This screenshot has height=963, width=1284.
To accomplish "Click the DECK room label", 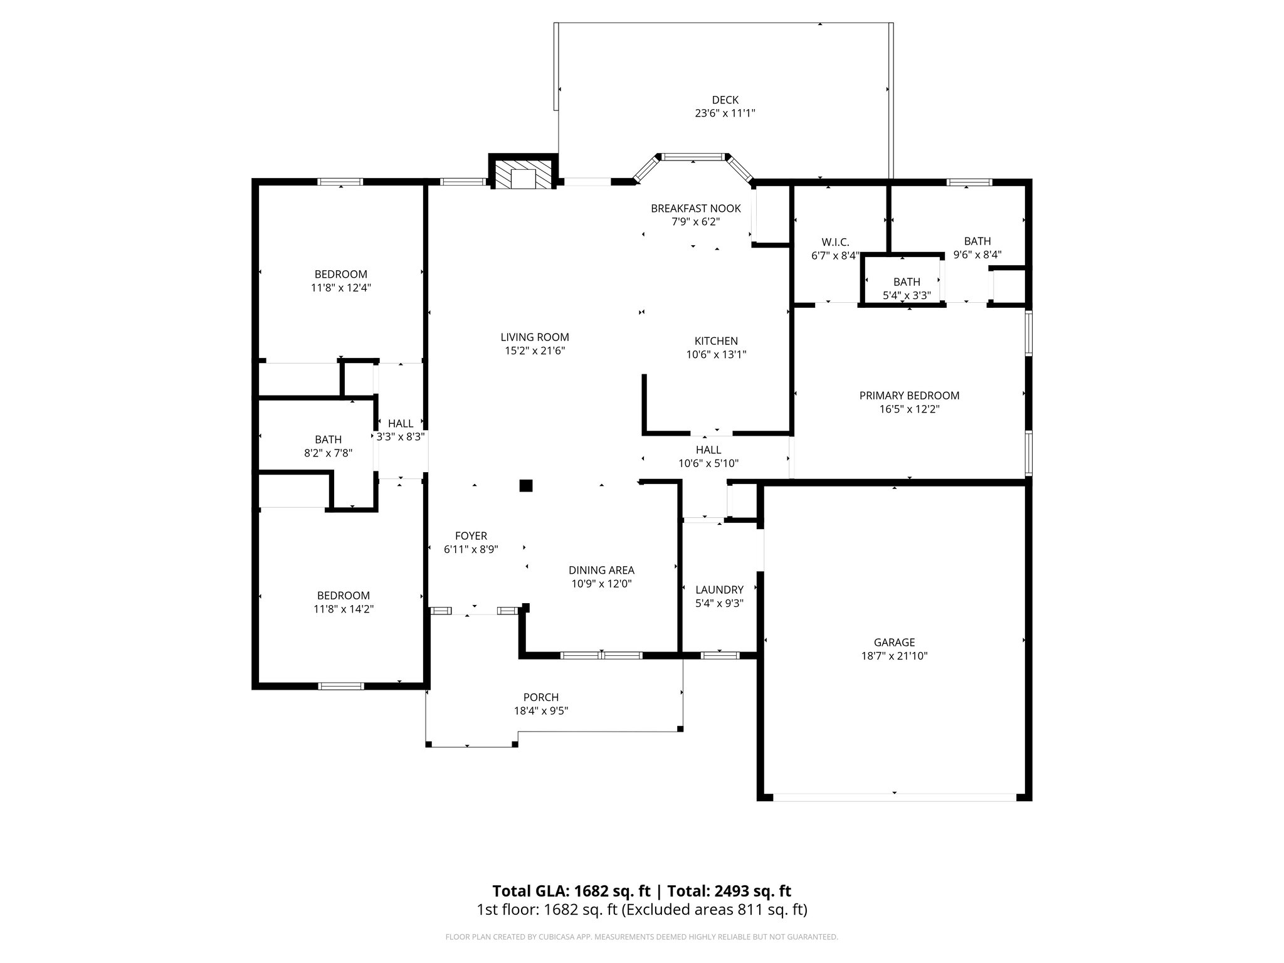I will (725, 100).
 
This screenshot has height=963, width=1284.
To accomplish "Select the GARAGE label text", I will (894, 642).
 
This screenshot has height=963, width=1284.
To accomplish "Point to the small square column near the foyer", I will (525, 485).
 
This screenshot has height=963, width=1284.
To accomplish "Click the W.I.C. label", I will (835, 241).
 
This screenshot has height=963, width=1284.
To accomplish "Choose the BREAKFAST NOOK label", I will (695, 208).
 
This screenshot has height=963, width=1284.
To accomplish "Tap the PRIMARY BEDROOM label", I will (908, 396).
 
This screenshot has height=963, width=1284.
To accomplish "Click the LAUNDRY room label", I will (719, 589).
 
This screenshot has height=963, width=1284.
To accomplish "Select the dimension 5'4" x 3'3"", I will (906, 295).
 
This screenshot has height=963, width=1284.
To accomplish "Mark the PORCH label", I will (540, 697).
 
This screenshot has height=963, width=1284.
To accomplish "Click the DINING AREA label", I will (601, 570).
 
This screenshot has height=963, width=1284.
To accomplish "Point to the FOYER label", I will (470, 535).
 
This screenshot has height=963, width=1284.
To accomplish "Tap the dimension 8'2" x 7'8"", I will (328, 453).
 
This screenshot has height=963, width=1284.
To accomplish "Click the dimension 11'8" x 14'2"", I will (343, 609).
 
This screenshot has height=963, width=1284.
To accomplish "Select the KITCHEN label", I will (716, 341).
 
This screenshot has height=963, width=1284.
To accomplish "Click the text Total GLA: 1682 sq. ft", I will (571, 891).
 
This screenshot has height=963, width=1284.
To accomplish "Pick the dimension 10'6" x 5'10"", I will (708, 463).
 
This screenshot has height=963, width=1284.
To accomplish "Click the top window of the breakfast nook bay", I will (692, 157).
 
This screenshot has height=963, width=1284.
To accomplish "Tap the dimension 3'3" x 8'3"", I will (401, 437).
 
